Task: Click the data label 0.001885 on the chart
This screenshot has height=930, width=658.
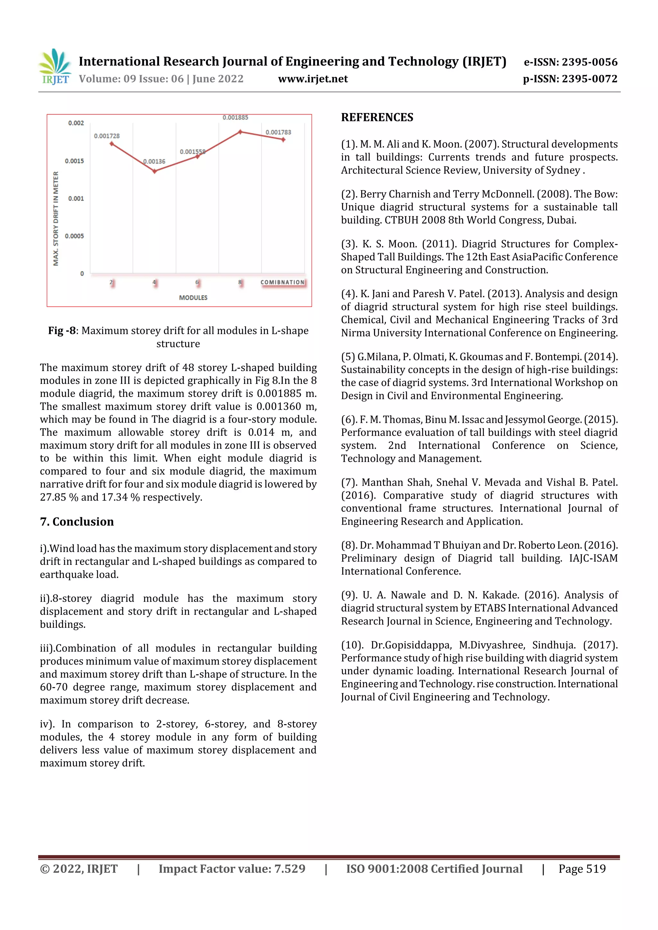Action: point(235,117)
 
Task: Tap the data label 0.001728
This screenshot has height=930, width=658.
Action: point(107,136)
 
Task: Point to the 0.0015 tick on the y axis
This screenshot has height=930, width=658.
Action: point(74,161)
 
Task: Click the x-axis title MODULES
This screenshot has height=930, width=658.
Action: point(193,298)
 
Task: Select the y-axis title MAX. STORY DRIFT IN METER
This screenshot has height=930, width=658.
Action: point(56,218)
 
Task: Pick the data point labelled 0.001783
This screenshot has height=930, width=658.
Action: point(283,140)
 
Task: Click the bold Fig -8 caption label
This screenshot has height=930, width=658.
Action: point(62,331)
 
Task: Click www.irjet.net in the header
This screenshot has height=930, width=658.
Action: point(313,79)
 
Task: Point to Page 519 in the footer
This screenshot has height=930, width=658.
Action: point(582,868)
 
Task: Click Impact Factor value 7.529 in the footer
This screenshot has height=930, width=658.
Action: point(232,868)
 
